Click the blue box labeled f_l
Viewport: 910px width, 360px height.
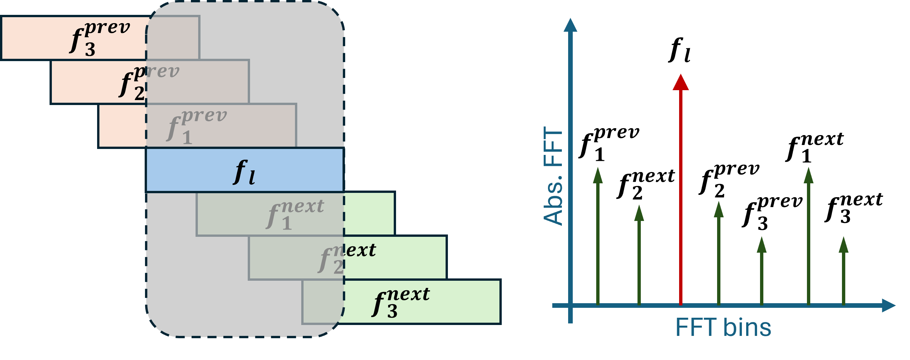244,171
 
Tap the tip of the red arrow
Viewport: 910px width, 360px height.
681,76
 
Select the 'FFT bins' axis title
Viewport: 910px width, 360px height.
723,328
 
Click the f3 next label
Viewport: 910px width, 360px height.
401,302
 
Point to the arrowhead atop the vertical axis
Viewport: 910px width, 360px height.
570,25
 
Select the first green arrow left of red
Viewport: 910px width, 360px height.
639,254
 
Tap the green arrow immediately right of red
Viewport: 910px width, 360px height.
719,253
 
